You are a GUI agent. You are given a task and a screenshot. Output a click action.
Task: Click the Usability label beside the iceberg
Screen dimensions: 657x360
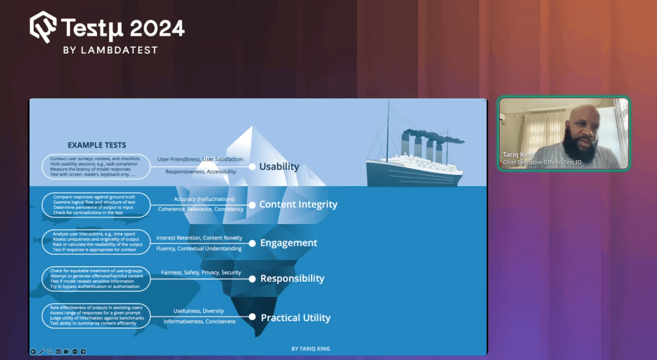click(279, 166)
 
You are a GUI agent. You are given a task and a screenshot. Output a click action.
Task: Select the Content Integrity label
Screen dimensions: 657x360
click(298, 204)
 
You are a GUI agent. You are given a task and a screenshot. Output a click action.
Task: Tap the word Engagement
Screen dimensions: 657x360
click(289, 243)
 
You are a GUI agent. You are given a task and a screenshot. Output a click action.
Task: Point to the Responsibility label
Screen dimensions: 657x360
click(293, 278)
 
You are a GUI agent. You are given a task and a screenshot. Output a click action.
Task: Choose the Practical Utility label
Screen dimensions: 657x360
click(296, 317)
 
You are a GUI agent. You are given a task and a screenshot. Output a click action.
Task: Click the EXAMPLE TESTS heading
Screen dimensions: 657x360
click(97, 145)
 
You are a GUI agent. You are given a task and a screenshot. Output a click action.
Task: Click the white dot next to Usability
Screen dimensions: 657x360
click(252, 167)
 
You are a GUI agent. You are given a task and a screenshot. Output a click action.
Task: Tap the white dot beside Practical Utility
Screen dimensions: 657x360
click(252, 317)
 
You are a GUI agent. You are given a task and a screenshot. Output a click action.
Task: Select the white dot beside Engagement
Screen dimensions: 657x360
click(252, 243)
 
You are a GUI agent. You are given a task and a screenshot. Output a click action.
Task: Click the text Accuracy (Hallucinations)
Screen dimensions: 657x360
click(204, 199)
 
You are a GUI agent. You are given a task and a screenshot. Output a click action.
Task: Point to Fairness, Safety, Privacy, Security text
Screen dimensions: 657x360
click(201, 273)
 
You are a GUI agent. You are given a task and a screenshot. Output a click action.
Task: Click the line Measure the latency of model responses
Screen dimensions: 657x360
click(90, 169)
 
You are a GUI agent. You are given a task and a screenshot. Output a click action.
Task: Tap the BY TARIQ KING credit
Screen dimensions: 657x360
click(311, 349)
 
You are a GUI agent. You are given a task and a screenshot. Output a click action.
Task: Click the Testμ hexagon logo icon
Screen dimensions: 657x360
click(43, 27)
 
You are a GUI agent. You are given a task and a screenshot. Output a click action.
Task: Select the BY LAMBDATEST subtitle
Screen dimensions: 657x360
click(110, 50)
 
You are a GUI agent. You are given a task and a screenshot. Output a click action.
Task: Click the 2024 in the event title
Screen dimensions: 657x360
click(157, 28)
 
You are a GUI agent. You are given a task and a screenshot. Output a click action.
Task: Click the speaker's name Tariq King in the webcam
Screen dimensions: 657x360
click(518, 154)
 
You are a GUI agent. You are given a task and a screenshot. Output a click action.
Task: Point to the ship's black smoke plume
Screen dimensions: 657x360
click(434, 136)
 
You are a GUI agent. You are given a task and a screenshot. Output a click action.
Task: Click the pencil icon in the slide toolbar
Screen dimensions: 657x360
click(42, 351)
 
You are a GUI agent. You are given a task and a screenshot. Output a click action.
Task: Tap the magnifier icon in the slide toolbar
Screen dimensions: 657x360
click(50, 351)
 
